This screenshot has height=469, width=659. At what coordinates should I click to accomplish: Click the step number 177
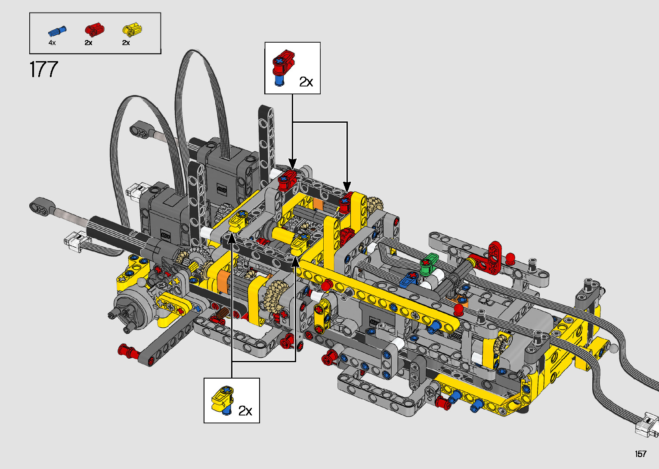tap(43, 69)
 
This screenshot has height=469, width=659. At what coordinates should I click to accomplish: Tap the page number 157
tap(641, 453)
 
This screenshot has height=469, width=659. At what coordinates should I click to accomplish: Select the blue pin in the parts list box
tap(57, 31)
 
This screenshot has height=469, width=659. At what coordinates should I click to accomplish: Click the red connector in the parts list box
tap(94, 30)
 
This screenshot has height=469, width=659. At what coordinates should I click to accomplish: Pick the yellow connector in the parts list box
tap(132, 29)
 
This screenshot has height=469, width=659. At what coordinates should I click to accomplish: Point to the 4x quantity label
tap(52, 43)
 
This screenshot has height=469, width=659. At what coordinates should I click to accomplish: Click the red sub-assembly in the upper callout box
tap(283, 68)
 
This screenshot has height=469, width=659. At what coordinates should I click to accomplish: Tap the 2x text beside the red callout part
tap(306, 82)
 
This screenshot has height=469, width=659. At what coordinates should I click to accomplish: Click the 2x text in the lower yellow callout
tap(245, 411)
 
